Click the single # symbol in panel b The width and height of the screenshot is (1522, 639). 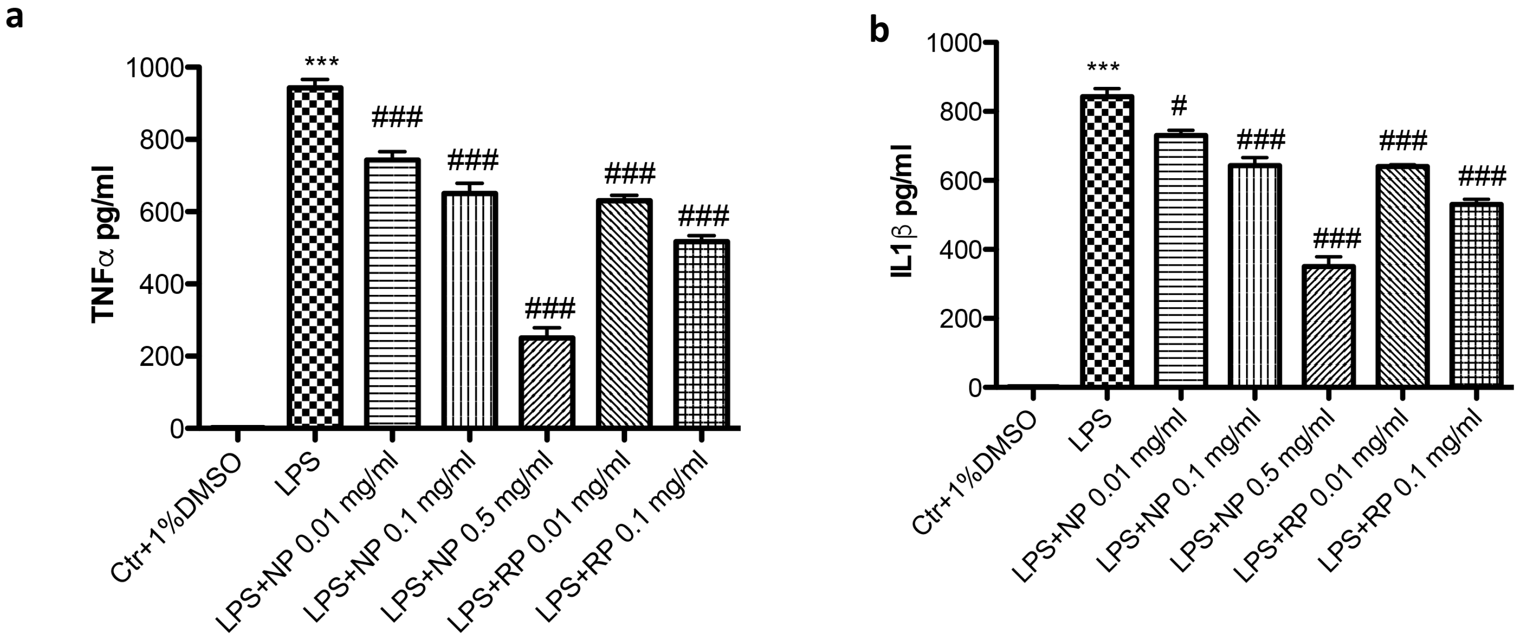[x=1178, y=106]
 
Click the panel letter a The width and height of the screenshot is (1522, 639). [x=14, y=16]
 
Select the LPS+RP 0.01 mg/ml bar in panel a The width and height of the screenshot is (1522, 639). [x=624, y=313]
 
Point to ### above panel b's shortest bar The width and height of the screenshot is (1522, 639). [x=1336, y=239]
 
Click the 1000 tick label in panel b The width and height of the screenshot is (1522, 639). [x=954, y=43]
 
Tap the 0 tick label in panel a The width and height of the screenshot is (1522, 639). [x=177, y=428]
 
